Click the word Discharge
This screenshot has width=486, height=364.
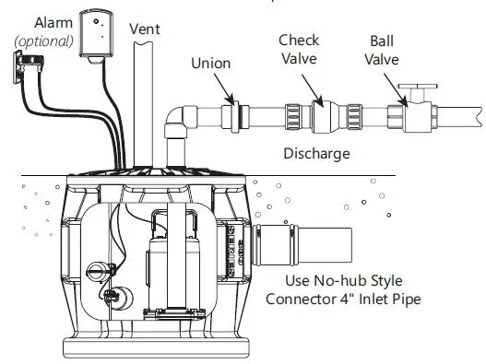point(316,153)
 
